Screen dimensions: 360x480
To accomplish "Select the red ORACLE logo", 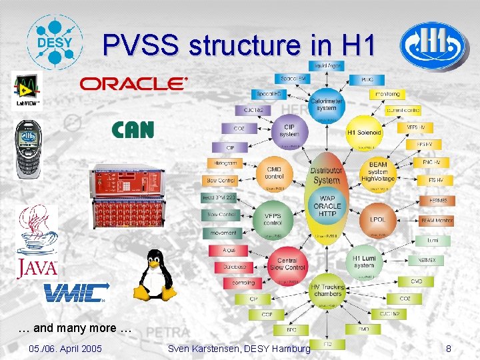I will point(134,83).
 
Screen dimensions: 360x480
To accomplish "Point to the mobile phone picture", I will point(29,151).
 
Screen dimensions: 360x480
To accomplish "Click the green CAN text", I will point(133,129).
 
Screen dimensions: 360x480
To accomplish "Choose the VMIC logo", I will point(75,293).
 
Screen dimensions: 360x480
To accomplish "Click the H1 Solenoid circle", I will point(364,132).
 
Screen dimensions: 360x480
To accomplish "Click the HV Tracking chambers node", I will point(327,291).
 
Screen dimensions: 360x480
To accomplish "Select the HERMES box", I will point(438,200).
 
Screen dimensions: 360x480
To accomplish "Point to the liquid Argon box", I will point(327,65).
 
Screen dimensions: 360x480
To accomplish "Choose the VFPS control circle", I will point(272,219).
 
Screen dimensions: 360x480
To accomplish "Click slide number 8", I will point(449,348).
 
